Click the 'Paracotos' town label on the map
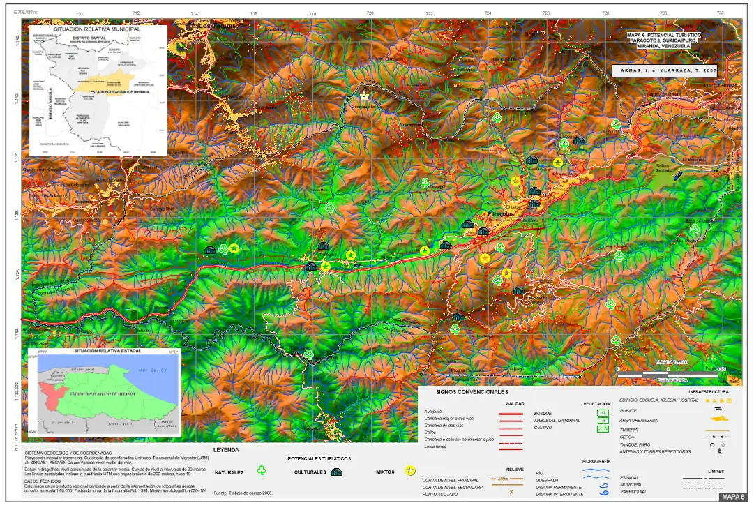501,213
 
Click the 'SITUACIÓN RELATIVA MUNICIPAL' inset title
97,29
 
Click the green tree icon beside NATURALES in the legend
262,472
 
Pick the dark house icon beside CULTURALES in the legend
336,472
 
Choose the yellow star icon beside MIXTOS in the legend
411,472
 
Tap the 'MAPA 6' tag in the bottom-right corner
733,497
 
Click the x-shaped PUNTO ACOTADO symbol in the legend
511,493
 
